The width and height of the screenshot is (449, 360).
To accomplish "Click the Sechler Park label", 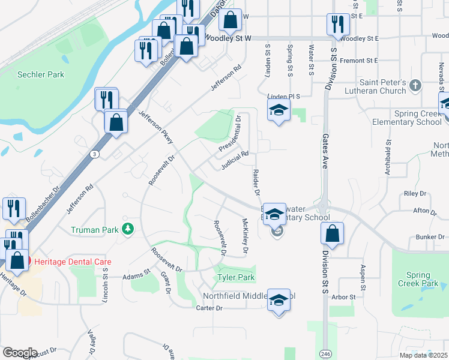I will click(x=41, y=75).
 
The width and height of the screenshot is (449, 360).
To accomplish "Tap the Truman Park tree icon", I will click(x=127, y=229).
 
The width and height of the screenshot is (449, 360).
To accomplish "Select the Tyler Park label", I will click(x=236, y=277).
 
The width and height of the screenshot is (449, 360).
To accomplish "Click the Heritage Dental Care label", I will click(x=73, y=262).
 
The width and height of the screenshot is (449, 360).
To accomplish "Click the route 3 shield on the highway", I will click(x=95, y=154).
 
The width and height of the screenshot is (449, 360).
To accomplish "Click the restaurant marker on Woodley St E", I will click(x=338, y=25).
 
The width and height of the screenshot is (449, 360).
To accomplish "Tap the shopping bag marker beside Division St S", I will click(x=332, y=233).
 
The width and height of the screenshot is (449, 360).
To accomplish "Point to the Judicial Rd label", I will click(x=235, y=160).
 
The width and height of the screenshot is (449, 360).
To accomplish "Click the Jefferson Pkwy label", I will click(x=156, y=127).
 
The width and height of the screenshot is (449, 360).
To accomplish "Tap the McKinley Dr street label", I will click(x=245, y=235).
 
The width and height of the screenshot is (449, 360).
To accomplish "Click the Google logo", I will click(x=20, y=353).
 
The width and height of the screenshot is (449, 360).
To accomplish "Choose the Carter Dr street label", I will click(x=209, y=308).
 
